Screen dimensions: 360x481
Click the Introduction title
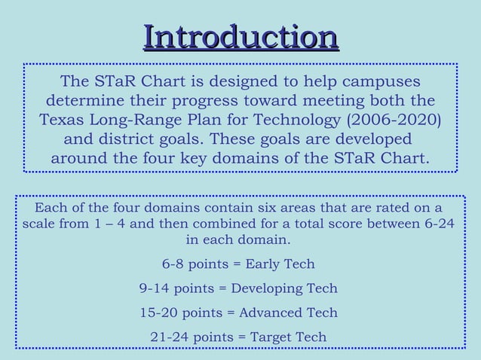click(240, 37)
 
